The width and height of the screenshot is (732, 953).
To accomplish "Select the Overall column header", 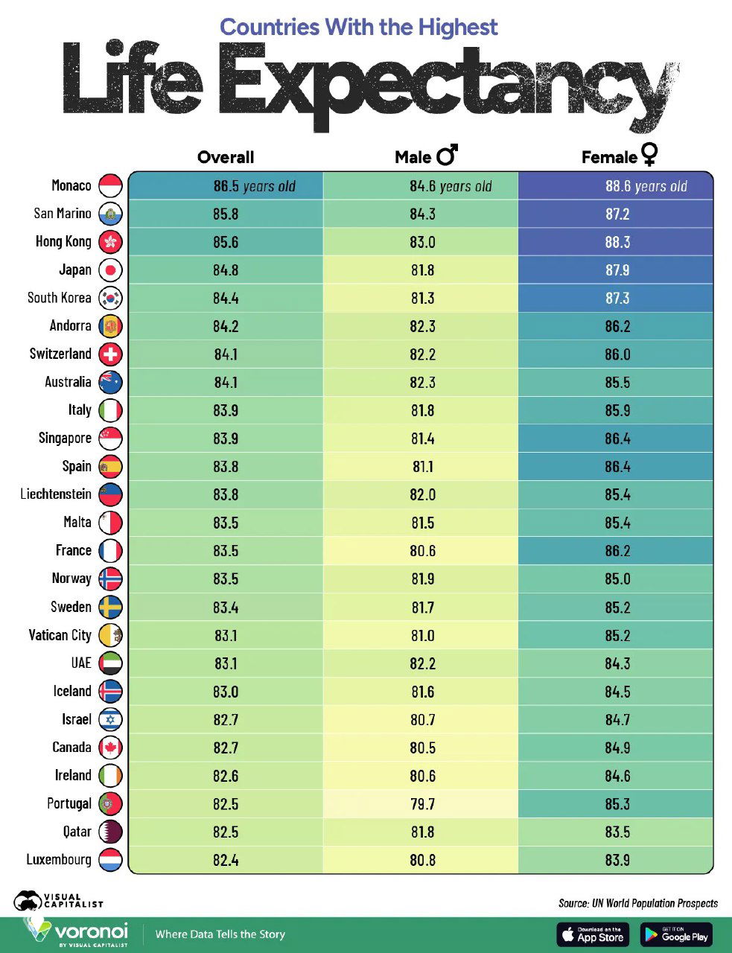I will [x=226, y=157].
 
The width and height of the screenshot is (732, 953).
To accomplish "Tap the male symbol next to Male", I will [x=448, y=155].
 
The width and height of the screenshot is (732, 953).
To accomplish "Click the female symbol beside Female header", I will [x=649, y=154].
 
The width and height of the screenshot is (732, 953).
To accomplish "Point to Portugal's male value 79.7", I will [x=421, y=804].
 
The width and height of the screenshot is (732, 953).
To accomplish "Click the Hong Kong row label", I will [x=63, y=241].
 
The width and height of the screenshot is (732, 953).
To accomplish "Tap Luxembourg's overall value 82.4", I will [x=225, y=860].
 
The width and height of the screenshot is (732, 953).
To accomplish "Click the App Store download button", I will [x=593, y=934].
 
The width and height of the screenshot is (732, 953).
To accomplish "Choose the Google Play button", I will [x=676, y=934].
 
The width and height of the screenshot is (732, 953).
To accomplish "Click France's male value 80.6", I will [x=421, y=551].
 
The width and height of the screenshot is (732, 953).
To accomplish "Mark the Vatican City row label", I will [x=60, y=635].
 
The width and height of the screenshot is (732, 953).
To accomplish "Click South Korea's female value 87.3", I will [x=617, y=298].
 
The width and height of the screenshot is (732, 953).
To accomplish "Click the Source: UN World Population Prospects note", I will [x=637, y=903].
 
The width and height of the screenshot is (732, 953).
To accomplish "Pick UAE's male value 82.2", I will [x=421, y=663].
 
